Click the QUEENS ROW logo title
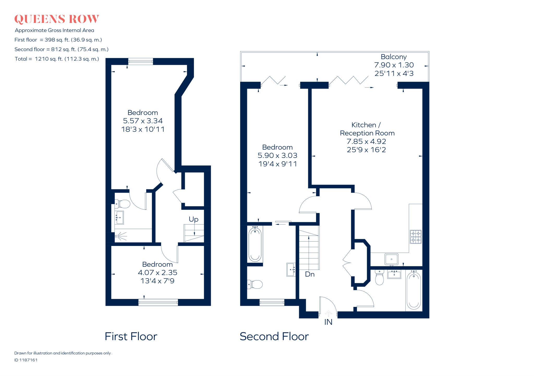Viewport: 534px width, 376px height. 57,19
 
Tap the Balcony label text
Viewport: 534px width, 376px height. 393,57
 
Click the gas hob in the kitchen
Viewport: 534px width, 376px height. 416,237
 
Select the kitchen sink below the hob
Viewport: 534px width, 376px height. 391,259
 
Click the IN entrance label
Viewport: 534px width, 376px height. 328,322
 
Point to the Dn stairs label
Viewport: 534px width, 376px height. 310,274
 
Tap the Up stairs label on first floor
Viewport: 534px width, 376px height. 193,219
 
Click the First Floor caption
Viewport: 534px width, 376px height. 131,336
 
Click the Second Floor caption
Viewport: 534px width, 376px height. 274,336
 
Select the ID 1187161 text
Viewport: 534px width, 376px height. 26,360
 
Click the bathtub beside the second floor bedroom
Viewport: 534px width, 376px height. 255,244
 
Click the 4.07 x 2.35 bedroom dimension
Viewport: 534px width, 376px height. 157,273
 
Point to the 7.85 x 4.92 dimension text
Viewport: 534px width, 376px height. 366,141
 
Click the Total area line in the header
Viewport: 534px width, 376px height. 57,59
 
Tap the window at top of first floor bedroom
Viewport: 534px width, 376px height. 141,61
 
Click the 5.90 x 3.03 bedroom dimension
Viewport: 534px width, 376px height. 277,156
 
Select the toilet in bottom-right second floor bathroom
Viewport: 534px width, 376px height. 379,278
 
